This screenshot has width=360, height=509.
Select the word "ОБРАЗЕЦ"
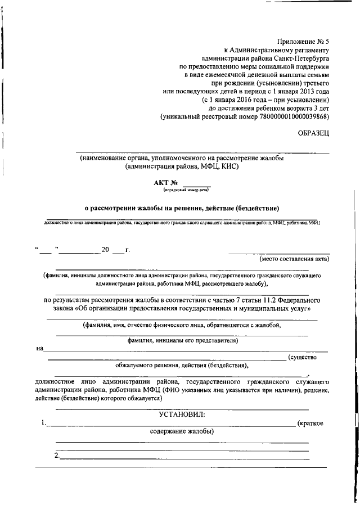pyautogui.click(x=313, y=133)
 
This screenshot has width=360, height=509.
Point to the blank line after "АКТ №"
pyautogui.click(x=196, y=184)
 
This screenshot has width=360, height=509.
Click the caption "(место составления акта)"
pyautogui.click(x=294, y=259)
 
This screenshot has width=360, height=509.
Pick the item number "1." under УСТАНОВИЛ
pyautogui.click(x=44, y=422)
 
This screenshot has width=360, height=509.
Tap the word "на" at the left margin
pyautogui.click(x=40, y=348)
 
